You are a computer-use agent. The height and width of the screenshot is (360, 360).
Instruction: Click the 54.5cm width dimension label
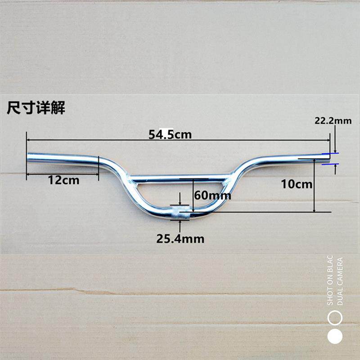(x=170, y=134)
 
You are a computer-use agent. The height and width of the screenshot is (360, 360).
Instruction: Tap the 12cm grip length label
(x=63, y=180)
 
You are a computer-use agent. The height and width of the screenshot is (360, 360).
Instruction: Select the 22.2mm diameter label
(x=333, y=121)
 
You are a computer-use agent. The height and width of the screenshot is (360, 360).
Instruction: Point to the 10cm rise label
(x=296, y=184)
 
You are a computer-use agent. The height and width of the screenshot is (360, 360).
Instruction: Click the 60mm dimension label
(x=212, y=195)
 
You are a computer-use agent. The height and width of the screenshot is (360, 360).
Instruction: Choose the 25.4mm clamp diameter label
(x=180, y=238)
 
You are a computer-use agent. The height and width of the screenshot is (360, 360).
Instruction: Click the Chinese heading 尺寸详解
(x=36, y=108)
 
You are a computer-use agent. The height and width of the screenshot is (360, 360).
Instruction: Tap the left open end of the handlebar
(x=30, y=158)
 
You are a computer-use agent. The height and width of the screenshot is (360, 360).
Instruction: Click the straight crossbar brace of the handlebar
(x=180, y=177)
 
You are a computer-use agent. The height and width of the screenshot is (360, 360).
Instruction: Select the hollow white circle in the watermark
(x=335, y=318)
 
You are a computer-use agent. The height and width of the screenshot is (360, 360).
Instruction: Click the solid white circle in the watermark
(x=335, y=336)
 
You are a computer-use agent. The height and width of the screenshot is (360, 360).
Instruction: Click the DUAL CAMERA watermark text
(x=340, y=281)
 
